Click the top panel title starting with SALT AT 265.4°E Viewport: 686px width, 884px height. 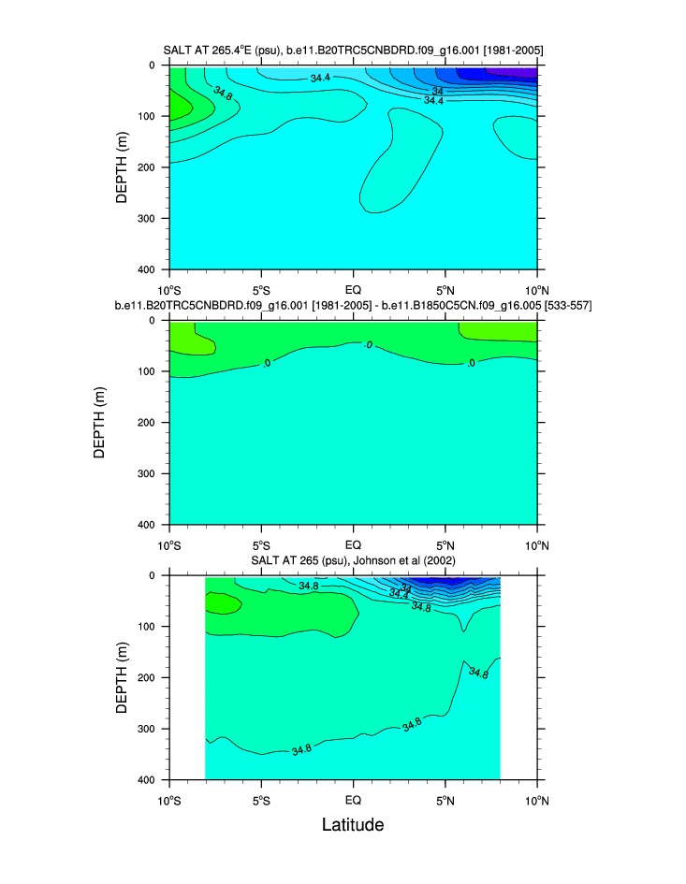point(353,49)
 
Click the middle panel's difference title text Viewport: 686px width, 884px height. point(353,305)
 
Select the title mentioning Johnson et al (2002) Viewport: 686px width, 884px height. point(353,559)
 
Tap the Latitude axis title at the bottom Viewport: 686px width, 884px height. point(353,825)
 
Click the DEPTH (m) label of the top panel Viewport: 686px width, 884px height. point(121,167)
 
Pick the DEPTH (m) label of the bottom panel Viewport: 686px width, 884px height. point(121,676)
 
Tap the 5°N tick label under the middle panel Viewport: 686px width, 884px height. point(445,544)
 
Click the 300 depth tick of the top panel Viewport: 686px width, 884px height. point(148,218)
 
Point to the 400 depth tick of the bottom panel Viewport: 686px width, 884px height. point(148,779)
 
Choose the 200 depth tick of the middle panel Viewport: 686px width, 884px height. point(148,422)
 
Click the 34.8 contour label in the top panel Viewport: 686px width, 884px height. point(223,94)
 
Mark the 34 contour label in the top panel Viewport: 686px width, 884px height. point(437,91)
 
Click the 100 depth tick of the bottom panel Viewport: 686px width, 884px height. point(148,626)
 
